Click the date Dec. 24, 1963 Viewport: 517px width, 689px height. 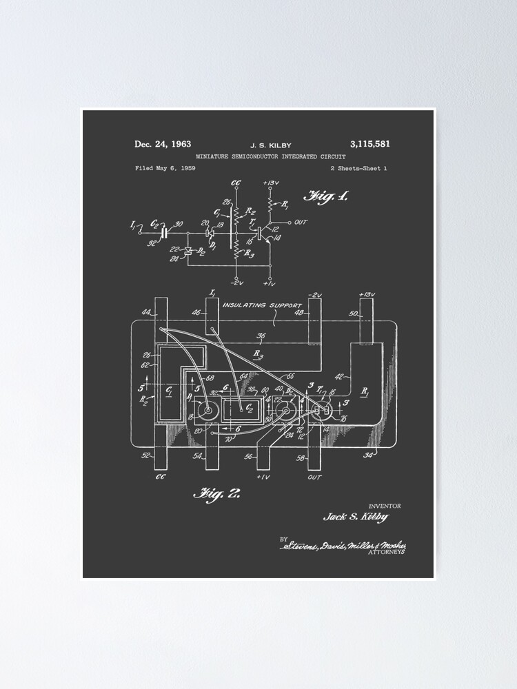click(x=163, y=145)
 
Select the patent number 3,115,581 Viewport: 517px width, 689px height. click(x=369, y=145)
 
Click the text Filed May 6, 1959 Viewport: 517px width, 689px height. click(x=165, y=168)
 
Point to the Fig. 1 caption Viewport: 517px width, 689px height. click(x=326, y=196)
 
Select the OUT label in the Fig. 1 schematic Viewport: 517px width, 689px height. click(x=301, y=222)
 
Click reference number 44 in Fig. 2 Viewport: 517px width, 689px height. click(x=146, y=313)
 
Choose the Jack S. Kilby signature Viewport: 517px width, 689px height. click(x=356, y=517)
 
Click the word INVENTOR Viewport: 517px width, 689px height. click(x=385, y=506)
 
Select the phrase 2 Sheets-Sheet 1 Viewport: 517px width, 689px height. click(x=358, y=168)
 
